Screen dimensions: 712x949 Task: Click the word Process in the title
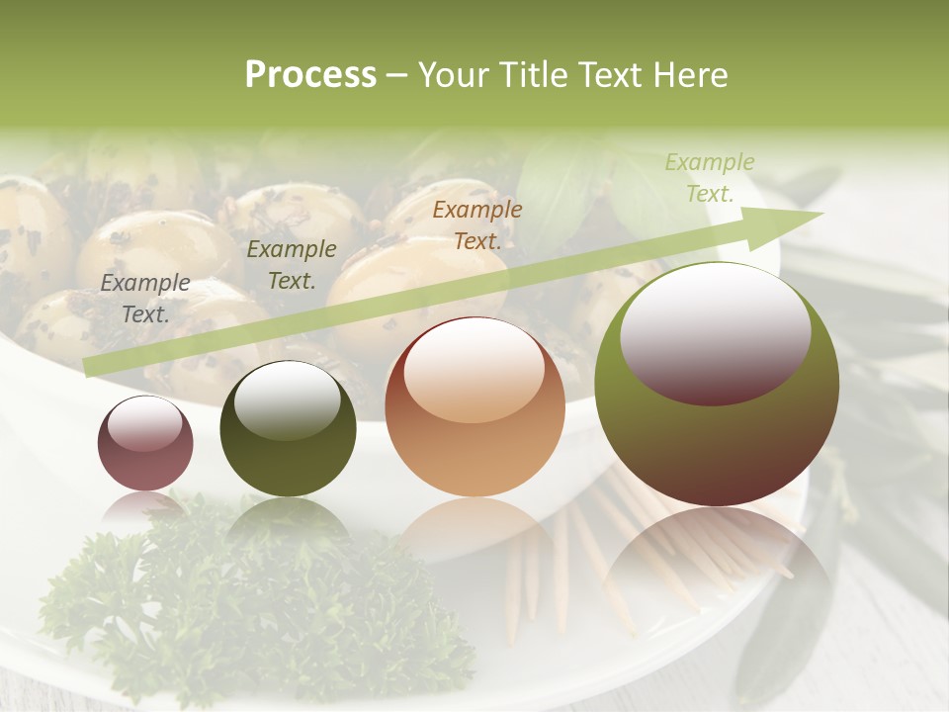coord(310,75)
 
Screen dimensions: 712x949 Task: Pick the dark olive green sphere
coord(288,429)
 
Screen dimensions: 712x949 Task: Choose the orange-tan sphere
coord(474,407)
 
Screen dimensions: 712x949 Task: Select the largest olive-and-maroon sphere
coord(717,384)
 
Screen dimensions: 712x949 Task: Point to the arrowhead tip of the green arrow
coord(822,213)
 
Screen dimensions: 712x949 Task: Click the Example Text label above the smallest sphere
coord(145,299)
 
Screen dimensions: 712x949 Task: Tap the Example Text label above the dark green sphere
coord(291,265)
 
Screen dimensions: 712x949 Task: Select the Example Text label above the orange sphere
coord(477,224)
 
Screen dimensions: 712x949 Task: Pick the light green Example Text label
coord(709,178)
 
